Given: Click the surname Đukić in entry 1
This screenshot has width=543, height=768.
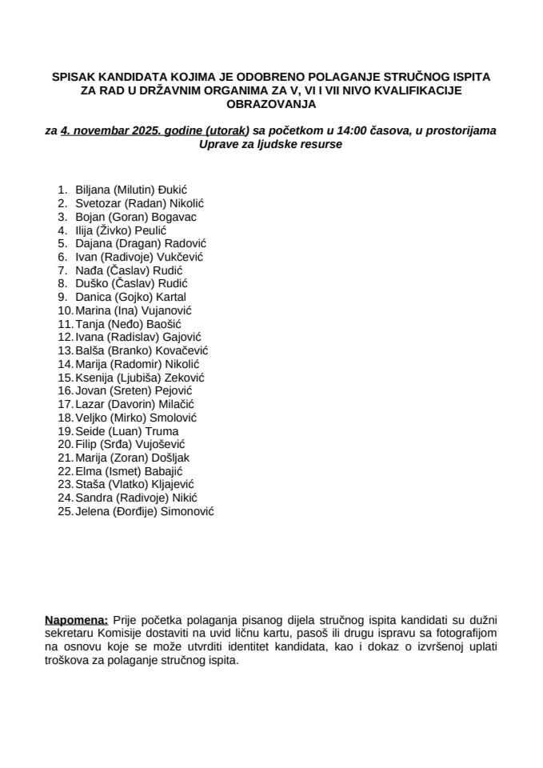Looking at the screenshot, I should coord(171,190).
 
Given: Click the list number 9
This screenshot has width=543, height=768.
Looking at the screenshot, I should coord(63,297).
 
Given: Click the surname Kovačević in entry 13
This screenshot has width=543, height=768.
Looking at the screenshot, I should coord(182,350).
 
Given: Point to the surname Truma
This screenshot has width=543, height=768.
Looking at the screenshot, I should coord(162,430).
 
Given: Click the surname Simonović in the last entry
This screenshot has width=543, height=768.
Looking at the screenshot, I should coord(187,511).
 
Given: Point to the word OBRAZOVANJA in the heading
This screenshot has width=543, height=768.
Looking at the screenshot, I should coord(270,104).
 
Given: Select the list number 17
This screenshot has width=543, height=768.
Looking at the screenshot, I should coord(66,404).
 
